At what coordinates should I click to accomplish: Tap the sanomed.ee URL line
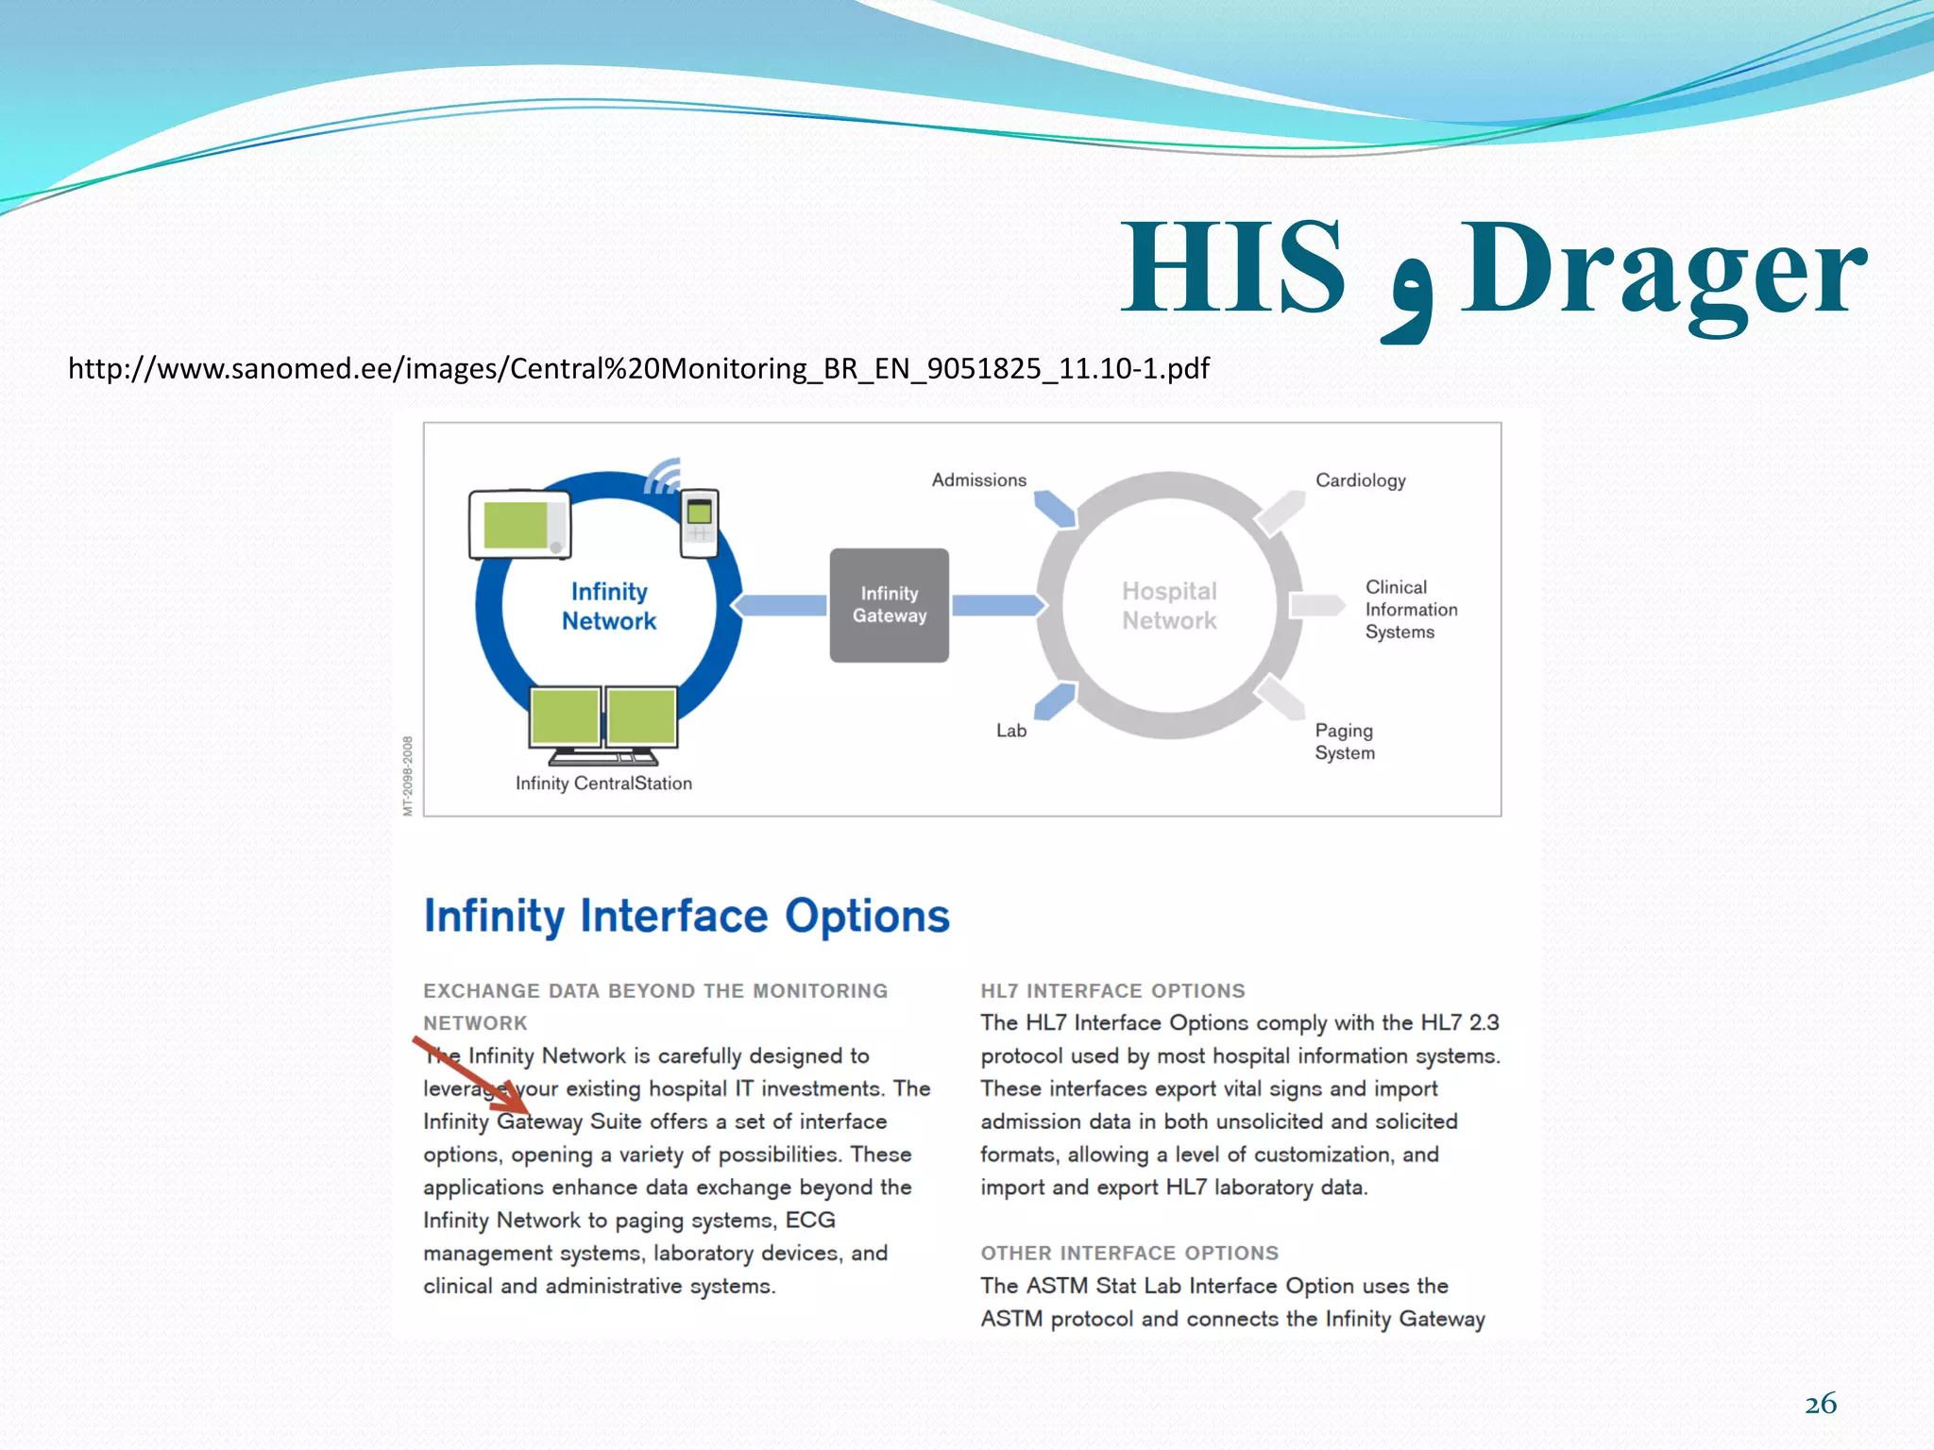pos(638,368)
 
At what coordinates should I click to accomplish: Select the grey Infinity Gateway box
pos(889,605)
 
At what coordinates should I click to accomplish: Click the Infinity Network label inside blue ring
pos(609,606)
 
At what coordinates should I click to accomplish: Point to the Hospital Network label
pos(1169,605)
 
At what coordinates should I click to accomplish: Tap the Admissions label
pos(978,480)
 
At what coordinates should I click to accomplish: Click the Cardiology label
pos(1360,480)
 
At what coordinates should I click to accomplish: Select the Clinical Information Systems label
pos(1410,609)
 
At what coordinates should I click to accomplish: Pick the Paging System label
pos(1344,741)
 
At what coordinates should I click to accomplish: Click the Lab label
pos(1010,730)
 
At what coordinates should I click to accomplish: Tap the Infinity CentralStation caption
pos(603,783)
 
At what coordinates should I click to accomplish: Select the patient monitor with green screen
pos(519,524)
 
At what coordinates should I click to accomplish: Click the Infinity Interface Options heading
pos(687,916)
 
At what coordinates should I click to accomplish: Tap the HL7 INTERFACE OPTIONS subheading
pos(1112,990)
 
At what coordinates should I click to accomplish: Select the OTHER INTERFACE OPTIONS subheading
pos(1128,1253)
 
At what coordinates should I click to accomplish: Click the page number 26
pos(1820,1404)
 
